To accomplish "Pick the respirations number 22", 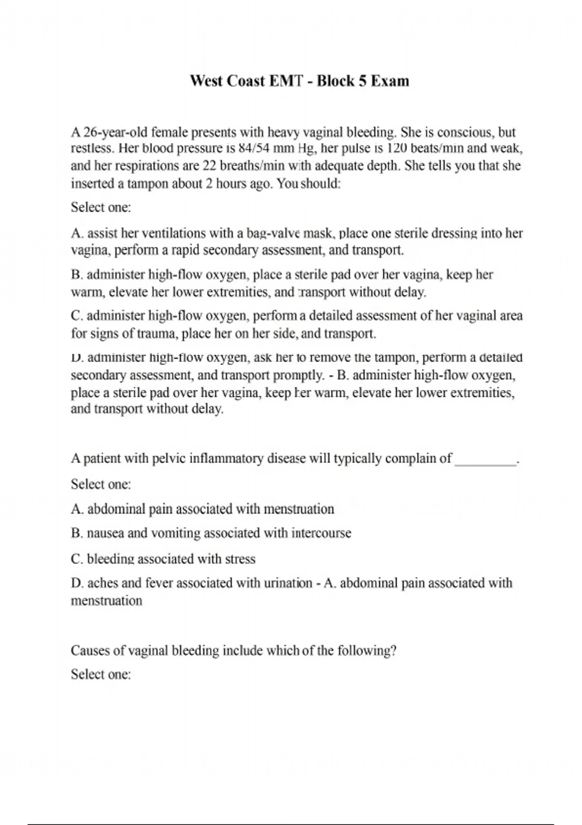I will [209, 166].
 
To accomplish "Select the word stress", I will [240, 559].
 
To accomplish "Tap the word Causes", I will [92, 650].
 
